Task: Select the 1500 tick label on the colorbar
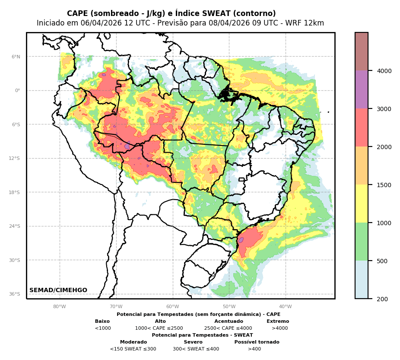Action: [384, 185]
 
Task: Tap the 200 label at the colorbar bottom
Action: [383, 299]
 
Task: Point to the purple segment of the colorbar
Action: [362, 89]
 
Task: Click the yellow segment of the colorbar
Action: [362, 204]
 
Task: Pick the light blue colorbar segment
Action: [362, 280]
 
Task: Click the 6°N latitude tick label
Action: [16, 57]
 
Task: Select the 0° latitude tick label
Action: [17, 91]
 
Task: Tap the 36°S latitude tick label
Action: [15, 294]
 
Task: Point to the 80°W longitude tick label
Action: [60, 307]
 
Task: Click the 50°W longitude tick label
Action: [229, 307]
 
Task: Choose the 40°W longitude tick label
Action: [286, 307]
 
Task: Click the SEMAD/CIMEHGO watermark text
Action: [58, 290]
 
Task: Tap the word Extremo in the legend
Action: [278, 322]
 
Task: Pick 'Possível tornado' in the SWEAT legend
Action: [257, 342]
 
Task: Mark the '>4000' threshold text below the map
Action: [279, 328]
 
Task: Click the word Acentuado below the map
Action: [229, 322]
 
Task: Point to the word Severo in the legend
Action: [193, 342]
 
